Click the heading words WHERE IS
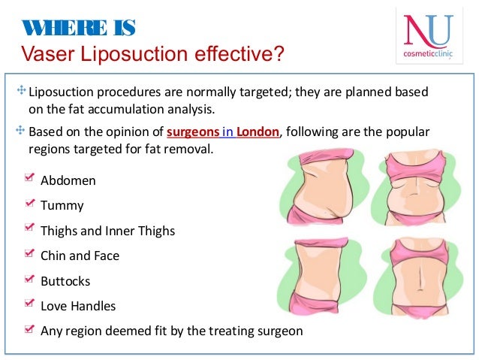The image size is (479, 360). pos(77,29)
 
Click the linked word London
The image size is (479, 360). pos(258,132)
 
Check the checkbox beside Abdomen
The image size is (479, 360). pos(29,178)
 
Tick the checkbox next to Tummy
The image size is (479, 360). pos(29,203)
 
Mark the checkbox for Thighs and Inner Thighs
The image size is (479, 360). pos(29,228)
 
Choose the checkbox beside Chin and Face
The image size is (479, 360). pos(29,253)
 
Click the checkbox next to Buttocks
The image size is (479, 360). pos(29,279)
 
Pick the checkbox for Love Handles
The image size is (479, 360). pos(29,304)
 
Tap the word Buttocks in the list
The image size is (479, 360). pos(65,281)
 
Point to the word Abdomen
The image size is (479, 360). pos(68,181)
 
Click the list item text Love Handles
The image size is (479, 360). pos(78,306)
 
